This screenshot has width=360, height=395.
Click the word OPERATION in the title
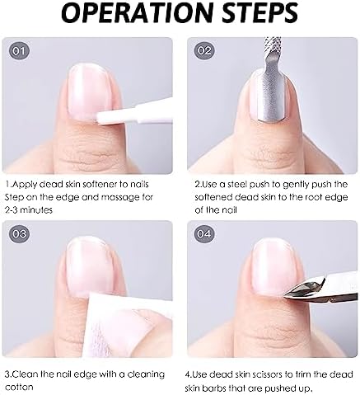click(137, 13)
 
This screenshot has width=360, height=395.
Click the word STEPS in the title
click(259, 13)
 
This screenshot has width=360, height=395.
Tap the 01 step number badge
click(19, 51)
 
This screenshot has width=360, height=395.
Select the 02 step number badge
click(204, 51)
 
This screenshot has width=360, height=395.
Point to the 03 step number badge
click(19, 234)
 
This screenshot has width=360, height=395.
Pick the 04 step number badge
click(204, 234)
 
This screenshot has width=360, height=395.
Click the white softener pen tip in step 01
click(100, 117)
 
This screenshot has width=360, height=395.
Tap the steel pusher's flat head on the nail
click(271, 94)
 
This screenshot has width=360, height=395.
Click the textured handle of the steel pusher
click(272, 45)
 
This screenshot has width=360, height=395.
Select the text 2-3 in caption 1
click(12, 210)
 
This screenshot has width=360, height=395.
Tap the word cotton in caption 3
click(19, 387)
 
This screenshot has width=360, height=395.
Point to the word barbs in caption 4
click(216, 388)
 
